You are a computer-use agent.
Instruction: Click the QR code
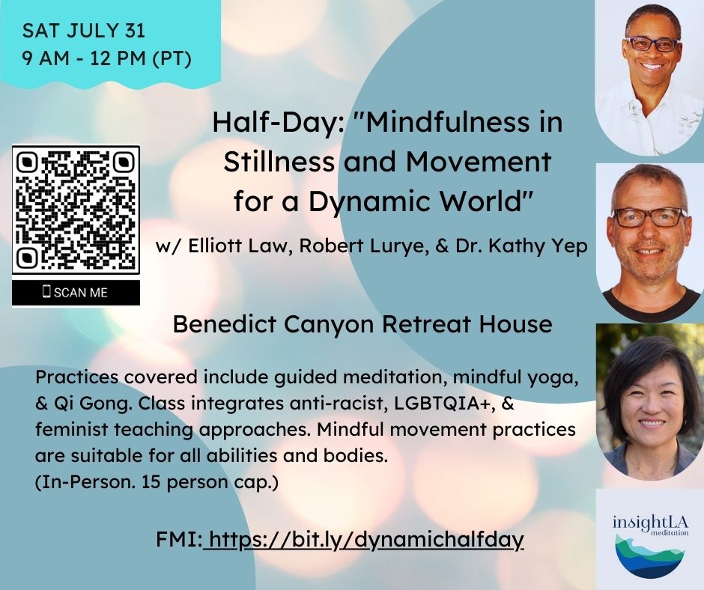pos(76,209)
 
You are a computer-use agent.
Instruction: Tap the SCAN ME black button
pos(76,292)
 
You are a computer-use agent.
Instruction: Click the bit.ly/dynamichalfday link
pos(364,539)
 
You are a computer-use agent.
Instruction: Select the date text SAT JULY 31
pos(84,31)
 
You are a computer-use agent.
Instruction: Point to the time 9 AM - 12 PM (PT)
pos(107,58)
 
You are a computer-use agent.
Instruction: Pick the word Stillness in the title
pos(279,162)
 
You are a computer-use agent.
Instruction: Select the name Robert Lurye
pos(362,246)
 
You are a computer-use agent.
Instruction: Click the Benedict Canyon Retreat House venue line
pos(362,324)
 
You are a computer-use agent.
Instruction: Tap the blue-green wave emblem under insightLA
pos(649,556)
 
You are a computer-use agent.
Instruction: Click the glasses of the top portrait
pos(652,44)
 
